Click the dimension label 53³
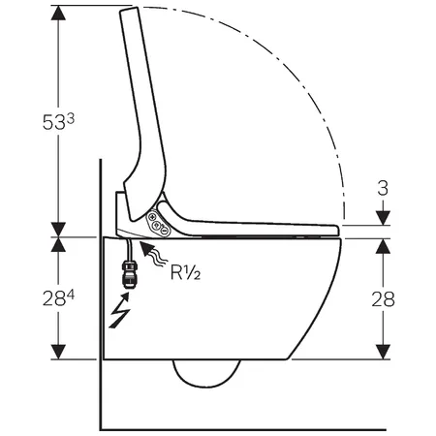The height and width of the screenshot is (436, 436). [58, 122]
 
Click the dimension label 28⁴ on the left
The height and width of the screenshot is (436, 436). [58, 298]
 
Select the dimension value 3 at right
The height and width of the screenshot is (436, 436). [383, 188]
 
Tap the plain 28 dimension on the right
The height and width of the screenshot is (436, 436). [383, 299]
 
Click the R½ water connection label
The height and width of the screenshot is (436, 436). [185, 271]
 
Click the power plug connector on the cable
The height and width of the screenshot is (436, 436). [129, 275]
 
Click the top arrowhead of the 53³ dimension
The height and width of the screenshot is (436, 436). [58, 13]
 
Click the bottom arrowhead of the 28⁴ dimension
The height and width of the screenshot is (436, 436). [58, 352]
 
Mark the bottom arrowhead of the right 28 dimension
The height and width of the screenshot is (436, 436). [383, 352]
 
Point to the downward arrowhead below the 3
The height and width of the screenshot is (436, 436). [383, 218]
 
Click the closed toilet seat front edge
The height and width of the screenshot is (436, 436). [336, 230]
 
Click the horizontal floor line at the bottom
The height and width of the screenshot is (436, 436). [243, 429]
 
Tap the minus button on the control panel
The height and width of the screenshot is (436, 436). [164, 232]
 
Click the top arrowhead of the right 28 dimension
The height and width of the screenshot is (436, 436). [383, 246]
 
